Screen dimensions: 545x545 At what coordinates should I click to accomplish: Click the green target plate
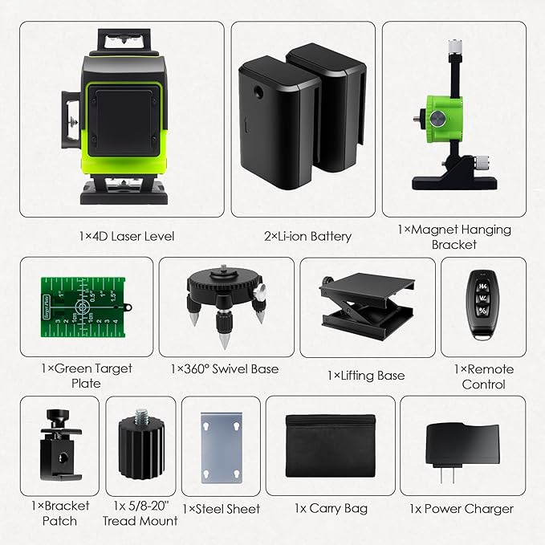pos(83,307)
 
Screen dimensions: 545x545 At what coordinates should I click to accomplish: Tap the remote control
pos(482,305)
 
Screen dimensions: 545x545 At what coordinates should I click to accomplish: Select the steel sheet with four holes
pos(222,448)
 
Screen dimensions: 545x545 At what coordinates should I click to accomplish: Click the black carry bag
pos(330,445)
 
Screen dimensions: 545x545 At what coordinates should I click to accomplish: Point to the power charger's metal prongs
pos(447,475)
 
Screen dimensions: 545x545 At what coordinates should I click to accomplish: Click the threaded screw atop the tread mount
pos(141,417)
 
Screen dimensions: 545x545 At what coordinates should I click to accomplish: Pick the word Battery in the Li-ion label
pos(331,237)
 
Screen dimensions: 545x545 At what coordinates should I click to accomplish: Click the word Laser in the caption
pos(125,236)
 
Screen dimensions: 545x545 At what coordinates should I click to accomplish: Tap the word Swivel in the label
pos(227,368)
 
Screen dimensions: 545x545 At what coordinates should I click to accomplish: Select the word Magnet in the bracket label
pos(434,230)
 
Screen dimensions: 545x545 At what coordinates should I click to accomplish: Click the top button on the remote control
pos(482,286)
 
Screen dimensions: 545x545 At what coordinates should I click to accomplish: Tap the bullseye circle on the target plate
pos(82,307)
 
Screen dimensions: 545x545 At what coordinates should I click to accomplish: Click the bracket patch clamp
pos(60,444)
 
